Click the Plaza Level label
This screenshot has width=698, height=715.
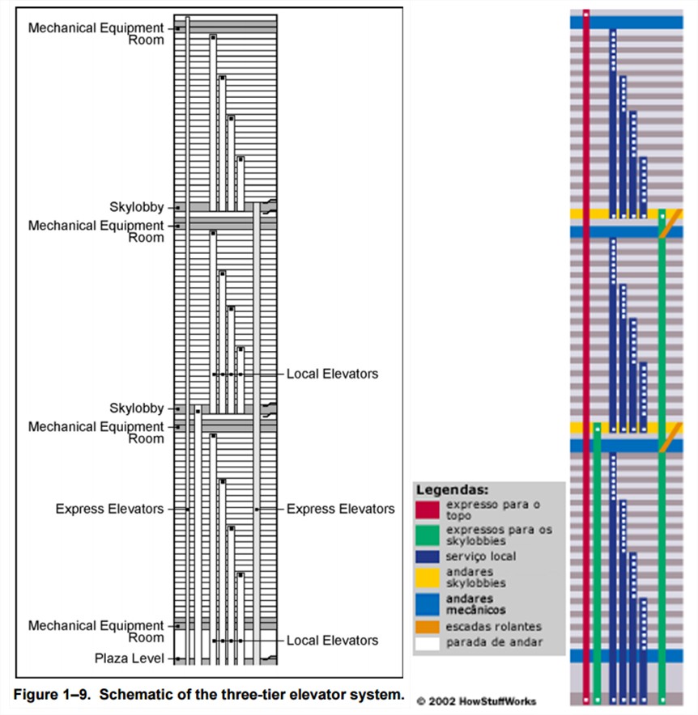click(130, 658)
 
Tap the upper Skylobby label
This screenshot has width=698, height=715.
click(137, 207)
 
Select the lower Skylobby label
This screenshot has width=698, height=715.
click(137, 408)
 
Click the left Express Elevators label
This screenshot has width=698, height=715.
click(109, 509)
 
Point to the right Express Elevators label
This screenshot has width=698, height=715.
click(341, 509)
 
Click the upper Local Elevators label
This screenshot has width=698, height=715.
click(332, 374)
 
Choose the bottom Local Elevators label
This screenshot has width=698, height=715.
click(332, 641)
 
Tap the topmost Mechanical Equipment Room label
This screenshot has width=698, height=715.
click(96, 34)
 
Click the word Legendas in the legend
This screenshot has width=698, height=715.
click(453, 490)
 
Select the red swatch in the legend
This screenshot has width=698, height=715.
click(428, 510)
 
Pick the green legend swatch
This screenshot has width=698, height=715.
click(428, 535)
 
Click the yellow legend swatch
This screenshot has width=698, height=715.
click(428, 577)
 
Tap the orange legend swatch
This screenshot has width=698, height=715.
click(428, 627)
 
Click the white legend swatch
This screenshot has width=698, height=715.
click(428, 643)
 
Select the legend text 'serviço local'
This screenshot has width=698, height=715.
click(481, 556)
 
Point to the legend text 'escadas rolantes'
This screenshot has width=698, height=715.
click(493, 627)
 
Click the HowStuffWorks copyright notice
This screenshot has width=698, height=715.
click(477, 701)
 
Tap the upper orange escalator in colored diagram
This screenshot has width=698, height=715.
click(670, 223)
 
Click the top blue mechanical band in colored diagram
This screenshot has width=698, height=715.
click(626, 23)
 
